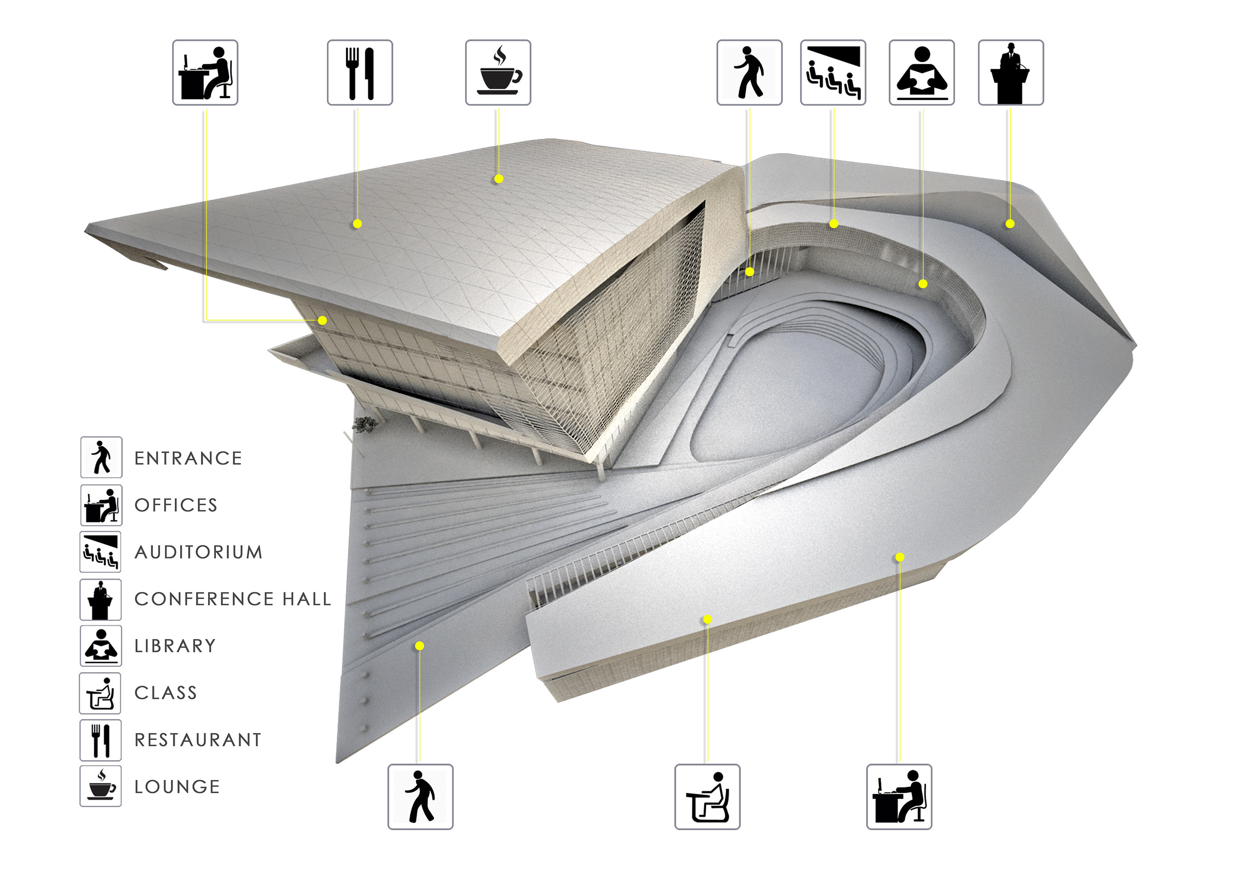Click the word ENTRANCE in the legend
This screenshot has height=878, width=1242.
tap(188, 459)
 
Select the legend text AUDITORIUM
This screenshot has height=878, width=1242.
tap(199, 552)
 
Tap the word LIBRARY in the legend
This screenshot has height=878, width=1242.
tap(175, 646)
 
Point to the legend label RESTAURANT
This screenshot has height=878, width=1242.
tap(198, 740)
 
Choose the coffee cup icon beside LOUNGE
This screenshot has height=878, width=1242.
tap(101, 786)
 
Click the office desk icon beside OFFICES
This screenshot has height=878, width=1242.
tap(101, 505)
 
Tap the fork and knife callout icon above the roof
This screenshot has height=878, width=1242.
tap(360, 72)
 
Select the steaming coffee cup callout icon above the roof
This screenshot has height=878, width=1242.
tap(498, 72)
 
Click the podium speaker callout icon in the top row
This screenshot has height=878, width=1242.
tap(1011, 72)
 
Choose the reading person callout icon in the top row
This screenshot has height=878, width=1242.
tap(922, 72)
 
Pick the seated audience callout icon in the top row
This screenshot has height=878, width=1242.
tap(833, 72)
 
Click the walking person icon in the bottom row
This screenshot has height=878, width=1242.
tap(421, 797)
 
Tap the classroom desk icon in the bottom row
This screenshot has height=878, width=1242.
tap(707, 797)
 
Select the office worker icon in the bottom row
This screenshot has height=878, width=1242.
tap(899, 797)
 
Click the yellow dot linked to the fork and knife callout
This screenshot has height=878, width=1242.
tap(357, 223)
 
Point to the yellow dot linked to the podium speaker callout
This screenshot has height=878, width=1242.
tap(1010, 223)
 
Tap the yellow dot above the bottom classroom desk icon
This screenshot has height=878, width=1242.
tap(707, 619)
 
